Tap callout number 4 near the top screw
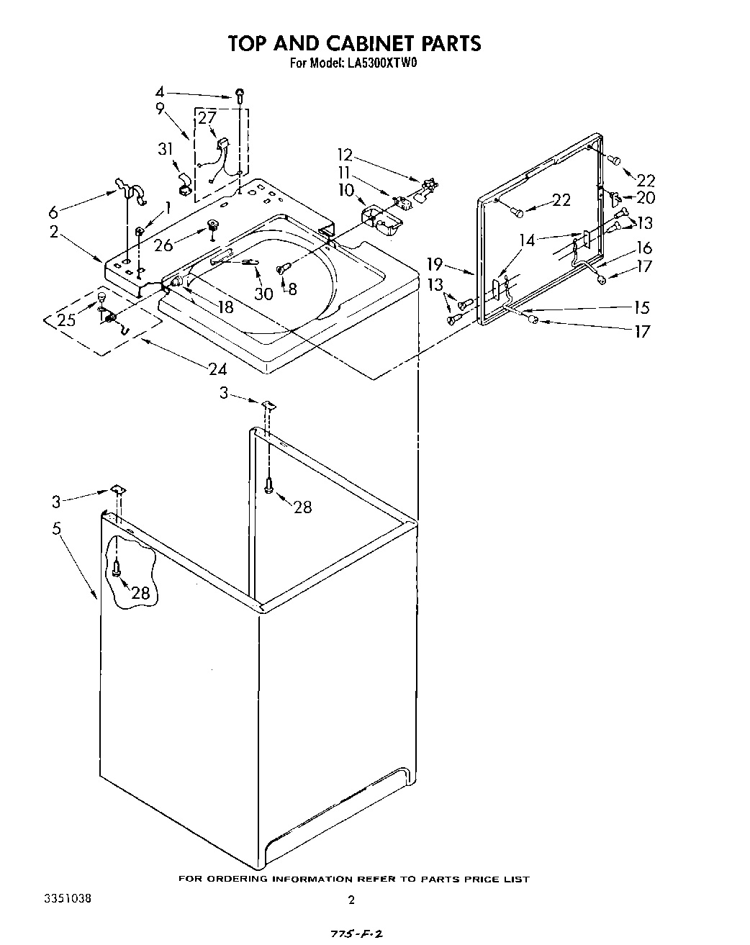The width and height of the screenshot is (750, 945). point(160,92)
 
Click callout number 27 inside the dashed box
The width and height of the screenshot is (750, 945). point(207,118)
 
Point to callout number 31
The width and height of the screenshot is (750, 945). point(166,149)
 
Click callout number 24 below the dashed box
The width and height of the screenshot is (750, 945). point(217,369)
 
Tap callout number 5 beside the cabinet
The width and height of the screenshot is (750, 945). point(57,528)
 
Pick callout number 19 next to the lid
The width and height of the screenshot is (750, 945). point(454,264)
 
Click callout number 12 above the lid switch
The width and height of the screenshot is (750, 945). point(345,154)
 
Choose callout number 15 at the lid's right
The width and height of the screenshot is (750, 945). point(641,307)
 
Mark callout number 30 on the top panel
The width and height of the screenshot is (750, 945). point(264,293)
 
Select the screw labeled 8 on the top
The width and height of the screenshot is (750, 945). point(282,268)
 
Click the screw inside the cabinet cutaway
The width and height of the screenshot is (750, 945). point(117,569)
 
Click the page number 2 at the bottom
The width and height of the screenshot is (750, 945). point(351,900)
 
